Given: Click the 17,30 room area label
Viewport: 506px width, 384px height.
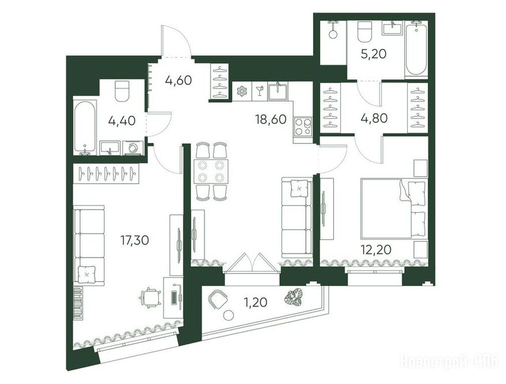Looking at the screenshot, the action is [135, 240].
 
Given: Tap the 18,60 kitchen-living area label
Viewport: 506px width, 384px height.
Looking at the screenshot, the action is [271, 119].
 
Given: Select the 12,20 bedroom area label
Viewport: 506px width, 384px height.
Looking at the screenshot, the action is [377, 249].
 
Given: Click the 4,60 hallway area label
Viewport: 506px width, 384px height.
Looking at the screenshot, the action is [178, 80].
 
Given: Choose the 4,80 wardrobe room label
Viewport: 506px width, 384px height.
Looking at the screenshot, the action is [373, 118].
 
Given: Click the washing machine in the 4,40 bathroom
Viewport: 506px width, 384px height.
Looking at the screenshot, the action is [133, 148].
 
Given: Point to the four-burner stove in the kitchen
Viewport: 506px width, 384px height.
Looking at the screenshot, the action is [303, 127].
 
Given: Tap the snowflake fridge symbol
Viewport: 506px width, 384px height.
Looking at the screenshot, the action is [241, 91].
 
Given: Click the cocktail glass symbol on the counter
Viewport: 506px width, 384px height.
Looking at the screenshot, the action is [259, 90].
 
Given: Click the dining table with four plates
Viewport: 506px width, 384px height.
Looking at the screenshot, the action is [211, 171].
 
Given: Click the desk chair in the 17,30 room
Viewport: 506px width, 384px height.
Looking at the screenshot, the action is [150, 297].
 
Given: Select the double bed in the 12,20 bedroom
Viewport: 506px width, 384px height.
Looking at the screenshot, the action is [394, 209].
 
